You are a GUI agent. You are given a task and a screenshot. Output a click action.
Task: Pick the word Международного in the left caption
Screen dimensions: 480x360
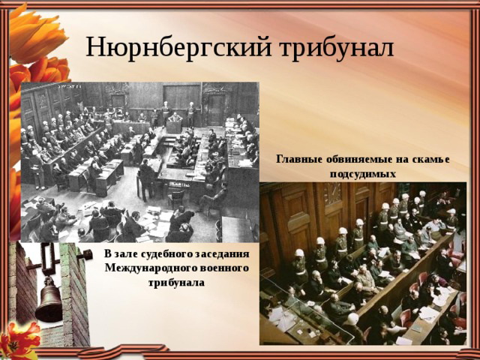click(150, 268)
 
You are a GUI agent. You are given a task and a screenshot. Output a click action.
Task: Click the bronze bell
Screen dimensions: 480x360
click(49, 299)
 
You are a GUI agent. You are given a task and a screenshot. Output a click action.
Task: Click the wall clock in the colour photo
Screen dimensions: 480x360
click(332, 193)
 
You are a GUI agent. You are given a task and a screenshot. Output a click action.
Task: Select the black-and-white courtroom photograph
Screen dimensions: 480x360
click(140, 162)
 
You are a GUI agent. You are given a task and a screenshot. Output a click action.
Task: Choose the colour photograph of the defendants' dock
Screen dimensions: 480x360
click(363, 263)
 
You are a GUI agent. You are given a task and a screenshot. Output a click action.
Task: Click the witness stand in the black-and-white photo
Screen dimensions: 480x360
click(174, 126)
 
